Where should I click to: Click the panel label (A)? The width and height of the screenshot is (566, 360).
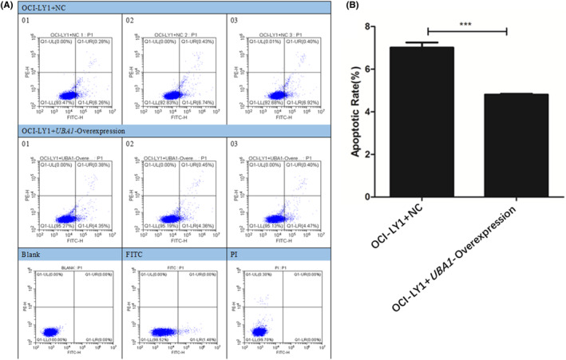(x=10, y=6)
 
